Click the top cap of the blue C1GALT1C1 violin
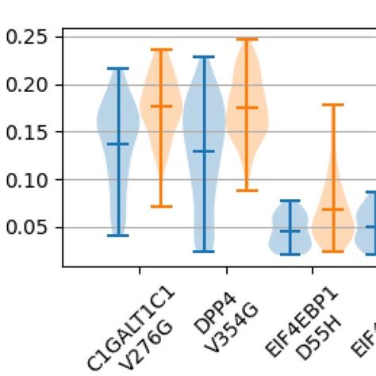(118, 69)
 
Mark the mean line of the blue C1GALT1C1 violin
(118, 144)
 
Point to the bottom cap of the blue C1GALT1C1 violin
(118, 236)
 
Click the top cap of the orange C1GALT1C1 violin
(162, 50)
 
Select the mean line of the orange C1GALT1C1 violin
(162, 106)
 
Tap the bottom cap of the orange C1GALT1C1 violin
(162, 206)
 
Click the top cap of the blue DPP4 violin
(204, 57)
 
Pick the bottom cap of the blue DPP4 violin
(204, 251)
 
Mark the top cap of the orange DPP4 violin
(247, 39)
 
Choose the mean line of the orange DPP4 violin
(247, 108)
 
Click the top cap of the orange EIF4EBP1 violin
(333, 105)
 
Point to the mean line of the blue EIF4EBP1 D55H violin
(290, 231)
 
